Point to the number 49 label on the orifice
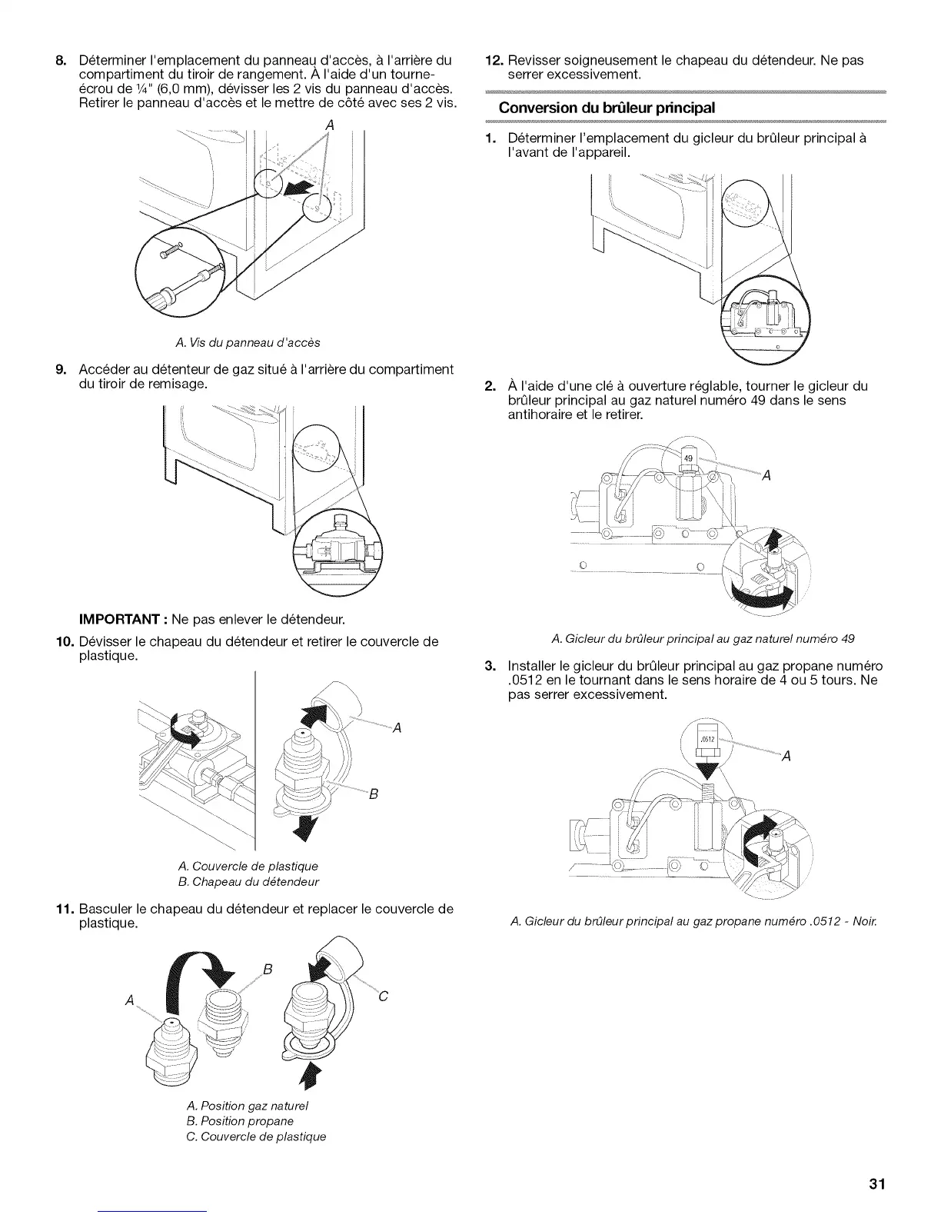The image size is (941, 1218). click(x=689, y=458)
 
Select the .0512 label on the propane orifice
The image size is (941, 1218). click(x=709, y=740)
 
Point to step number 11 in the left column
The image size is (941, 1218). click(x=62, y=909)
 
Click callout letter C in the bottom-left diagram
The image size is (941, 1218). click(x=384, y=997)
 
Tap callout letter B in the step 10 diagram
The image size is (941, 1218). click(x=373, y=794)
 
